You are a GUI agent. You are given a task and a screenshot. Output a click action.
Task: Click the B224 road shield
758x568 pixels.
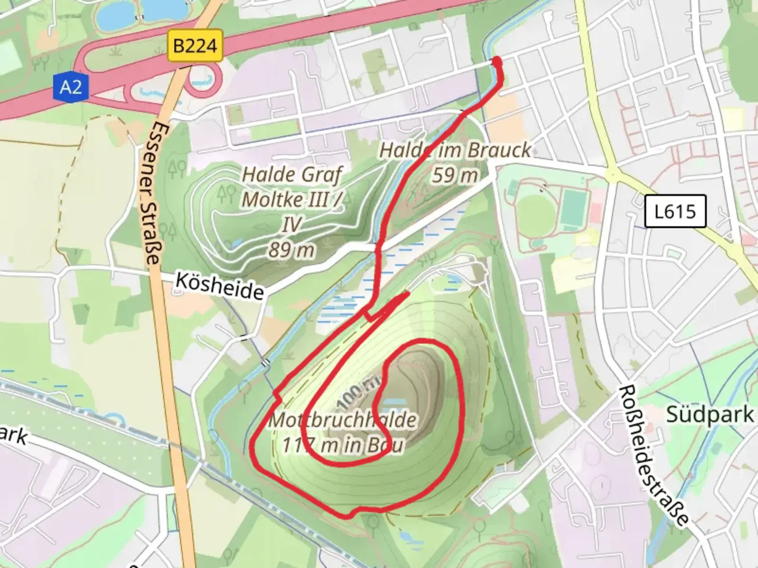(195, 46)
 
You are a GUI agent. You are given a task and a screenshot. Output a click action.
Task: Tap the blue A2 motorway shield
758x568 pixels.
(71, 86)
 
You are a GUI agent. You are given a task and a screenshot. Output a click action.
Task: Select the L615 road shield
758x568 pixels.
(675, 211)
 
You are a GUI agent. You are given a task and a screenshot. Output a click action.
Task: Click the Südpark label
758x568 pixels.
(710, 414)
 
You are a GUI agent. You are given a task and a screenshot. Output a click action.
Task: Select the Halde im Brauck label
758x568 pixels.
(455, 150)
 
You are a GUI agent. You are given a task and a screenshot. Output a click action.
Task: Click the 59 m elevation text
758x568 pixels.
(455, 175)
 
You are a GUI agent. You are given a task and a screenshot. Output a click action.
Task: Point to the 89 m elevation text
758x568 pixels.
(292, 250)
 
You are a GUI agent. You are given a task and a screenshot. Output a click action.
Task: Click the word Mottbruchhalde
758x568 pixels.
(343, 420)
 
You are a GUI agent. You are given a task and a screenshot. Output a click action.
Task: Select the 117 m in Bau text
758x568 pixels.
(343, 445)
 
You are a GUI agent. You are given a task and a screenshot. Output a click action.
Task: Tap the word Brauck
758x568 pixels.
(500, 150)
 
